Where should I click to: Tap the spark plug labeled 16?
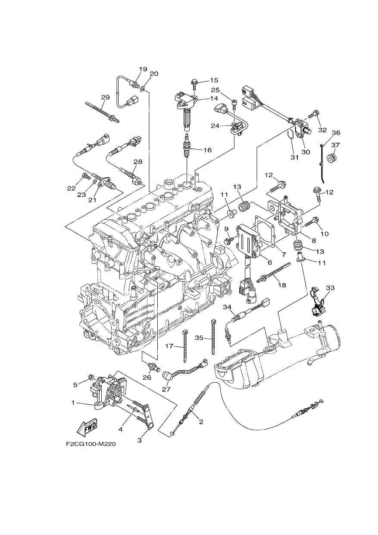click(186, 146)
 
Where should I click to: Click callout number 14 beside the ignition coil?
click(214, 98)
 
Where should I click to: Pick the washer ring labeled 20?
click(143, 89)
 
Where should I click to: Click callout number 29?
click(105, 98)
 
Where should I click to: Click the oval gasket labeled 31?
click(291, 135)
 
